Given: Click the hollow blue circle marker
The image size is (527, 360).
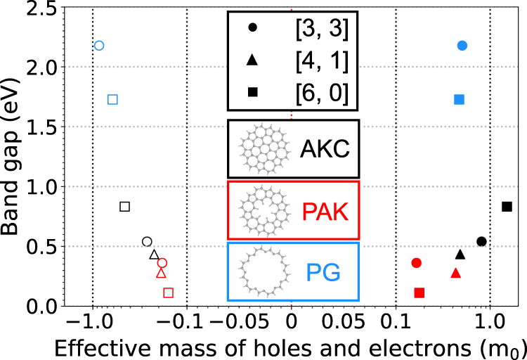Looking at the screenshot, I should [x=99, y=46].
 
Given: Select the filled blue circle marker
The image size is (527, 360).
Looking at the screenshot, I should [x=462, y=46].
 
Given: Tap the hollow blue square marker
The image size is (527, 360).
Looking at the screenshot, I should [x=112, y=99].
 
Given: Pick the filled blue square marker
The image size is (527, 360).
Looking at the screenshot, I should [x=460, y=99].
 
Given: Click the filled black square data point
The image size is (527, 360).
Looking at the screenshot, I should [x=507, y=207].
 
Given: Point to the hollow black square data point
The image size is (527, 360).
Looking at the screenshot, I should [x=125, y=207].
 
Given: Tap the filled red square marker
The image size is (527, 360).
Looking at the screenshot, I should [x=419, y=292].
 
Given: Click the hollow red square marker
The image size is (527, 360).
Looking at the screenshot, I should [x=168, y=292].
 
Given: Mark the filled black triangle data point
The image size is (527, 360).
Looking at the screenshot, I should [x=460, y=255].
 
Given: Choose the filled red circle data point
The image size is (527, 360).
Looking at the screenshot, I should [x=416, y=263].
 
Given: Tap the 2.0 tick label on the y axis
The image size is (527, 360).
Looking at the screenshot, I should [x=48, y=67].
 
